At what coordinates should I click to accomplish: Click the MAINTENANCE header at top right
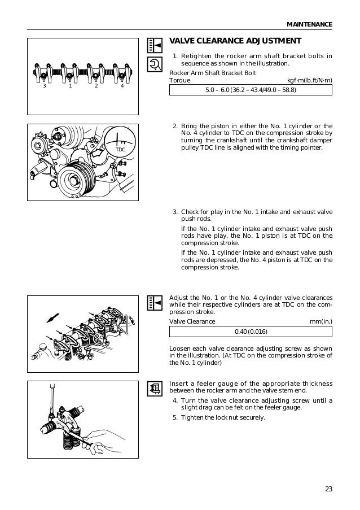pos(309,24)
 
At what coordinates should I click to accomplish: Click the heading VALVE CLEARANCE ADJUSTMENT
pos(235,41)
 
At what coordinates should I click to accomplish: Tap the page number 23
pos(328,489)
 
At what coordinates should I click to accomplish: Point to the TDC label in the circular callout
pos(120,149)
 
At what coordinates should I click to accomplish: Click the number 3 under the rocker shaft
pos(45,87)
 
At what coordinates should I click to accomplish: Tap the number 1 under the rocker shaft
pos(70,87)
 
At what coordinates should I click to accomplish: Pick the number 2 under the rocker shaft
pos(96,87)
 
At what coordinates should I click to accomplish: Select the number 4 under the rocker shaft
pos(122,87)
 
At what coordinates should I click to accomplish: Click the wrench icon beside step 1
pos(153,66)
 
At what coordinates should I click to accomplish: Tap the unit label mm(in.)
pos(321,322)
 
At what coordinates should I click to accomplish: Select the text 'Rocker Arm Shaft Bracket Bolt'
pos(213,72)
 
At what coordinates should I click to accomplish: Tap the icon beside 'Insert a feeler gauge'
pos(153,389)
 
